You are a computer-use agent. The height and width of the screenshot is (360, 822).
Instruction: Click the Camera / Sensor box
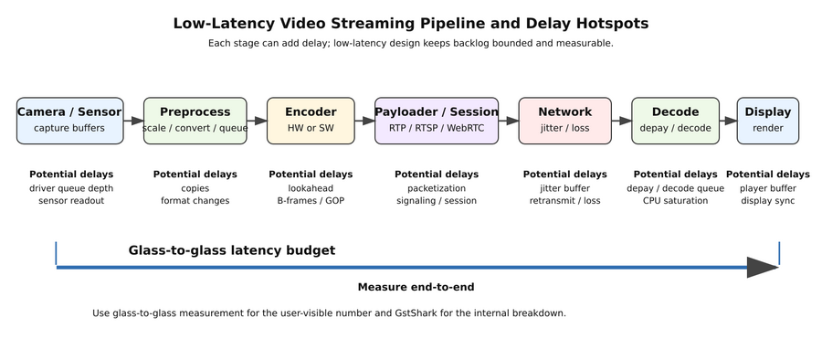[x=69, y=121]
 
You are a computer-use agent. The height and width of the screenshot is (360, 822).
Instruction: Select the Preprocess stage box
[x=195, y=121]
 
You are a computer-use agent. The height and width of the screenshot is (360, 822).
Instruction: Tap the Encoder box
[x=311, y=121]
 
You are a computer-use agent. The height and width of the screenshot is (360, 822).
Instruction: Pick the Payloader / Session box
[x=437, y=121]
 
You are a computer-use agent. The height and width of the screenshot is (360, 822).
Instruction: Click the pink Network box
[x=564, y=121]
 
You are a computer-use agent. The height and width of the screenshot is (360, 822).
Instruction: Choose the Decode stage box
[x=675, y=121]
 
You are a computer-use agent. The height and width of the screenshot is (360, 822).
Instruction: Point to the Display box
[x=767, y=121]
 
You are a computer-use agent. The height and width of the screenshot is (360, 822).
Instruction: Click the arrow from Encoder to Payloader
[x=364, y=121]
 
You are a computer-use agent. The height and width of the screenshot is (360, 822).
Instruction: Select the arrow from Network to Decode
[x=621, y=121]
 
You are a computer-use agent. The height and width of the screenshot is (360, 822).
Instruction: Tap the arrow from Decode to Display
[x=728, y=121]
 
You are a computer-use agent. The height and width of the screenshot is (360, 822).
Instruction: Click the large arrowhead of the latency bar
[x=762, y=267]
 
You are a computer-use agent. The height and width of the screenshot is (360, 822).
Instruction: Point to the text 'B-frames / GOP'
[x=311, y=201]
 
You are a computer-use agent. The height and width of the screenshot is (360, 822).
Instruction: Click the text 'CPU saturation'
[x=675, y=201]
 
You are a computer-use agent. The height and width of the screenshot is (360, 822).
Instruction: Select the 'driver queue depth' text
[x=71, y=188]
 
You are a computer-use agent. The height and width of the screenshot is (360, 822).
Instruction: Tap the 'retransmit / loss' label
[x=564, y=201]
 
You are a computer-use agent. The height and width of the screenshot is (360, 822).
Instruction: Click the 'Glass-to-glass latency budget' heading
[x=231, y=250]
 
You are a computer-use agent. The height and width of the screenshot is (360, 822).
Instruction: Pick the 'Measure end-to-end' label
[x=416, y=287]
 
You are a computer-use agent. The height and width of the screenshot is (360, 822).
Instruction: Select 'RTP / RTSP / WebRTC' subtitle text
[x=437, y=128]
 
